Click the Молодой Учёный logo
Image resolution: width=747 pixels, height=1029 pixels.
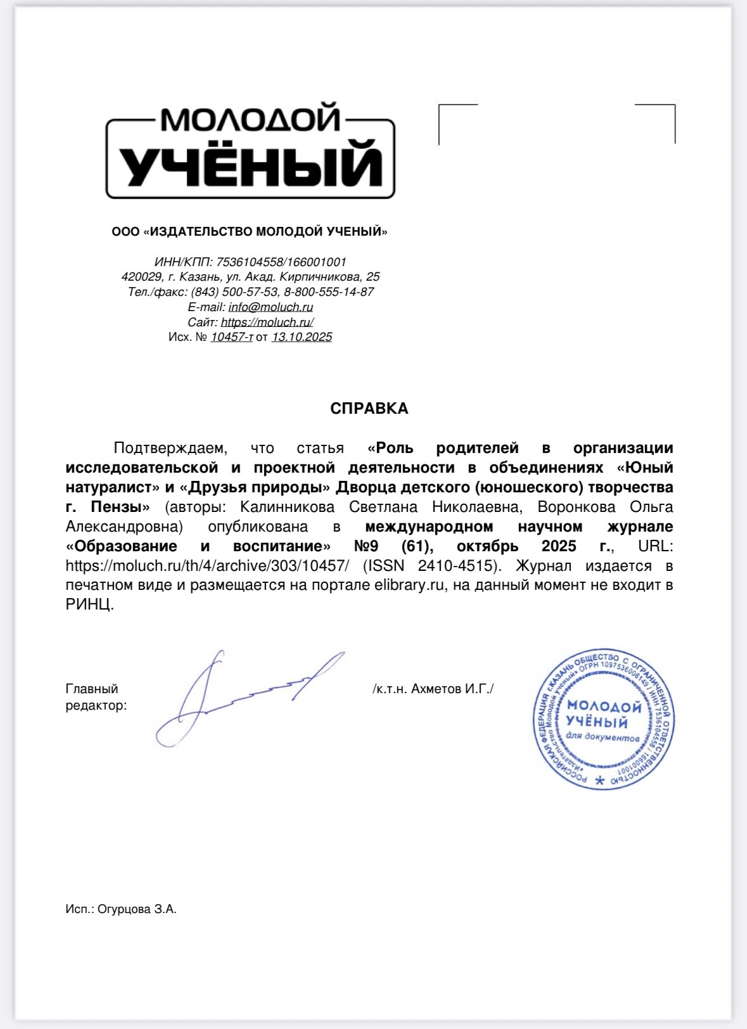(250, 151)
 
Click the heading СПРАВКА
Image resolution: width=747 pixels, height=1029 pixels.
(369, 409)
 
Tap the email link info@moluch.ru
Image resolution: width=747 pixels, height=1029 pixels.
(271, 307)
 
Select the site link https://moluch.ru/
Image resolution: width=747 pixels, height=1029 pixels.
(267, 322)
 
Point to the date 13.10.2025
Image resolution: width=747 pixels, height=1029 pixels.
(302, 337)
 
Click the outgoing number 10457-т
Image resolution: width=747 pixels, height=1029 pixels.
(231, 337)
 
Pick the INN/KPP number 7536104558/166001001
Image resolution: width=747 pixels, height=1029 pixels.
(281, 262)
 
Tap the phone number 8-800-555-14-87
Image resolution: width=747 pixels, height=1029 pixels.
(329, 292)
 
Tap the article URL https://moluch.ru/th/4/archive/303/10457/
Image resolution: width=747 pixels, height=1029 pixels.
(207, 565)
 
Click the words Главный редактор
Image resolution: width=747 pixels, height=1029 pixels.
(96, 697)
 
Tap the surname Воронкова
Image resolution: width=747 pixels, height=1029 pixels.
(576, 507)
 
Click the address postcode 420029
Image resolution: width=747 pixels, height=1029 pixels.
(142, 277)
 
